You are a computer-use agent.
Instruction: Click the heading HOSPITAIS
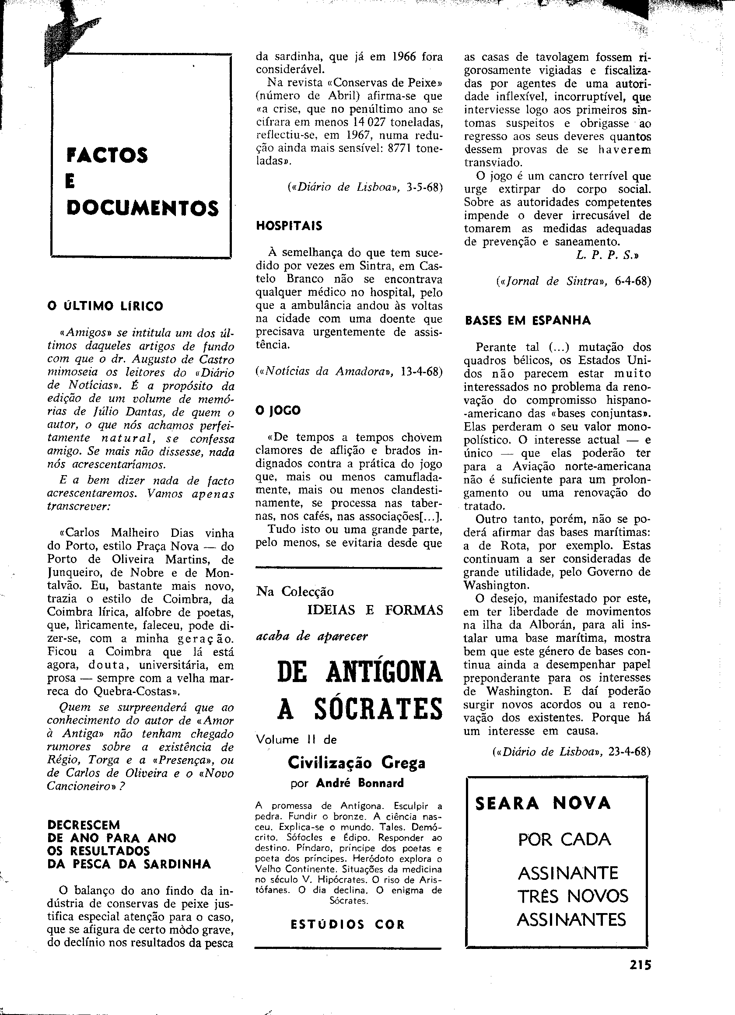click(289, 226)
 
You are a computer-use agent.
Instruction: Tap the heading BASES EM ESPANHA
click(528, 320)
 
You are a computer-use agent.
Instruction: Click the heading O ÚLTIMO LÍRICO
click(105, 307)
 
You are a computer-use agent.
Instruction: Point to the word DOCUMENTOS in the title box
click(142, 209)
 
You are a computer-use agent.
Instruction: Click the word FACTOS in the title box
click(107, 155)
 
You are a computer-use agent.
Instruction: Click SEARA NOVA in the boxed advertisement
click(543, 803)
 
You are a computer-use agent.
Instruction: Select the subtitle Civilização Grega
click(356, 762)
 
